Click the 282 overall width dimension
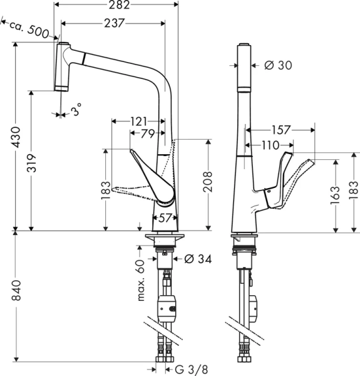[x=117, y=6]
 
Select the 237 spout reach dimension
[x=113, y=23]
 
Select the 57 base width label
[x=165, y=218]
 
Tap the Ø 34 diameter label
[x=199, y=259]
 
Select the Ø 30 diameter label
[x=279, y=65]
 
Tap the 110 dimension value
[x=270, y=145]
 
